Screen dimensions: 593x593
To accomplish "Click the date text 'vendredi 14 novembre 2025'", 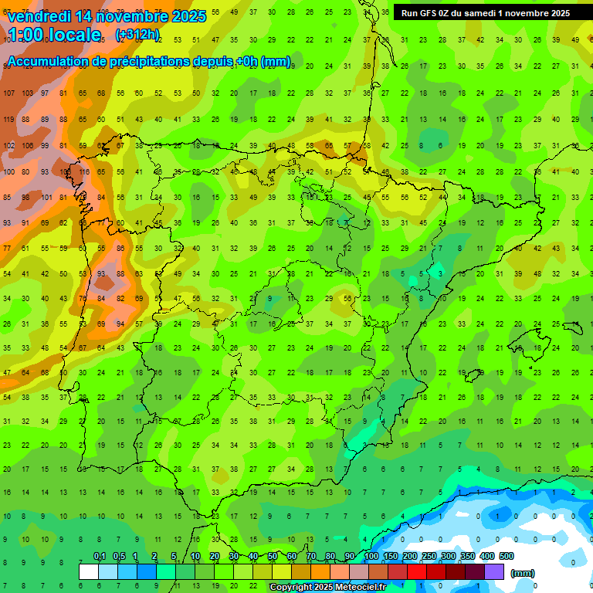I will click(x=106, y=15).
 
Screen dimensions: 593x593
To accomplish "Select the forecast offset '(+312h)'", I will click(x=137, y=35).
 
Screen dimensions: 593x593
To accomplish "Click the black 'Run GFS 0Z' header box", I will click(x=486, y=12).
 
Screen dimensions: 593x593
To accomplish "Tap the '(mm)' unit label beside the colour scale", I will click(x=523, y=573).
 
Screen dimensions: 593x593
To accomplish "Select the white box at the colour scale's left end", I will click(x=89, y=571).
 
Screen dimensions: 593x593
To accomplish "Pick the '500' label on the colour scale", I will click(x=507, y=556).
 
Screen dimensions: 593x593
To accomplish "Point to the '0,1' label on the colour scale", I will click(x=99, y=556).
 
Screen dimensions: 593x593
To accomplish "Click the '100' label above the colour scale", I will click(x=371, y=556).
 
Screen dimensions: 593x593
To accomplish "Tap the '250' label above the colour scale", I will click(x=429, y=556).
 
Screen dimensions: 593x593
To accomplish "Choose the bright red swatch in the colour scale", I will click(x=417, y=571).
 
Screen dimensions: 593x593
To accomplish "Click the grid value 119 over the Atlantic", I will click(x=8, y=119).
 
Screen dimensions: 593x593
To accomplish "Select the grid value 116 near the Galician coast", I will click(x=83, y=172).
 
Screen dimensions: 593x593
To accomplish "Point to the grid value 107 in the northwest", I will click(x=8, y=93).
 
